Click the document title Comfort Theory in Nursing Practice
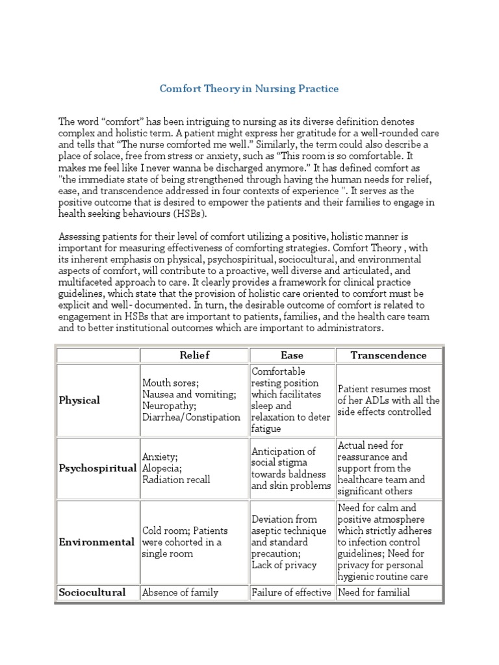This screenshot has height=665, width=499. (249, 88)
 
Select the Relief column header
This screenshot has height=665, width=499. (194, 355)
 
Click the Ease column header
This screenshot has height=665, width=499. (292, 355)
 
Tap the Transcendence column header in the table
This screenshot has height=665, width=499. (389, 355)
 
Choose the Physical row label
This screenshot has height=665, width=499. (79, 400)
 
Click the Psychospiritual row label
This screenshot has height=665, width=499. (97, 468)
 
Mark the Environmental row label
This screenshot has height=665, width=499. (97, 542)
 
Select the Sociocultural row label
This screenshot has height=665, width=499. (92, 592)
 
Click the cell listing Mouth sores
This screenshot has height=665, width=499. (191, 400)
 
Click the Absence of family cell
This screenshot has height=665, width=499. (180, 592)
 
